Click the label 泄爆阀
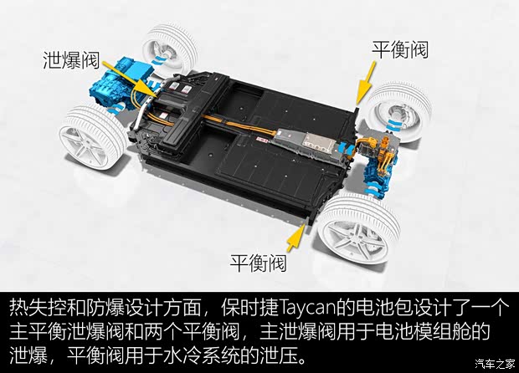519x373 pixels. pos(71,60)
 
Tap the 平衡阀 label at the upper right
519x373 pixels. pos(400,50)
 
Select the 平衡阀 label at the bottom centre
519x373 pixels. pos(258,263)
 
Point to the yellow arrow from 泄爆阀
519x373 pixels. pos(129,79)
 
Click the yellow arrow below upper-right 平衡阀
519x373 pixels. pos(367,82)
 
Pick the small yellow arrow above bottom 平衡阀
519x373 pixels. pos(295,238)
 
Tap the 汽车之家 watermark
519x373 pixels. pos(496,364)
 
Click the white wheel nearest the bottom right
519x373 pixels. pos(359,228)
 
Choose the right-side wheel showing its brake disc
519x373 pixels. pos(400,112)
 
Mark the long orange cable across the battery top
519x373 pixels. pos(238,125)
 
